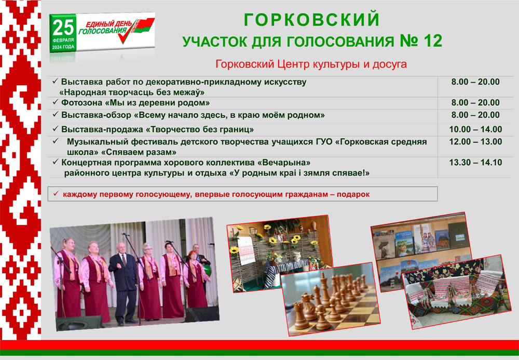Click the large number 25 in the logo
[63, 28]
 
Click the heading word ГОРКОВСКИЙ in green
[311, 20]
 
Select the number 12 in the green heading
[432, 41]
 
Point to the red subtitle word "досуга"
[389, 64]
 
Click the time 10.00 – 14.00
[475, 129]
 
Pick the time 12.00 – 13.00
[475, 142]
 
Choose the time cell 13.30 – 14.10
[475, 163]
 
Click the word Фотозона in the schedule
[82, 103]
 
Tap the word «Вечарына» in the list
[284, 163]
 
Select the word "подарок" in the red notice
[353, 194]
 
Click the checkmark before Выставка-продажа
[56, 128]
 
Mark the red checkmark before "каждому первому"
[56, 193]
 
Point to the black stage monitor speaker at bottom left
[79, 323]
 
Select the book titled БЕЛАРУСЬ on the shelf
[404, 244]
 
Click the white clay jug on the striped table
[297, 256]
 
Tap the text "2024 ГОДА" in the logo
[63, 47]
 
